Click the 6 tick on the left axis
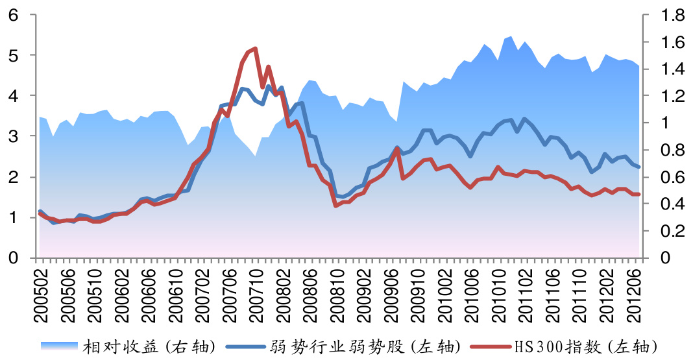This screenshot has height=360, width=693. coord(13,14)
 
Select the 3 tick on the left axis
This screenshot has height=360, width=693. coord(13,136)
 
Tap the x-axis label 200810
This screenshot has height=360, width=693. coord(336,289)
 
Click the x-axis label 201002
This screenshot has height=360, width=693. coord(444,289)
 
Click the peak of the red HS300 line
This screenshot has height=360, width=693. coord(255,49)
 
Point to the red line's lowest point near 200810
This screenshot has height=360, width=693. coord(335,206)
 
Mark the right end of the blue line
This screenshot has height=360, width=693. coord(639,167)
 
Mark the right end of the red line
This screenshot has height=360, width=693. coord(639,194)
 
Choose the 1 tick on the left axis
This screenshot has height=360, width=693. coord(13,218)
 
